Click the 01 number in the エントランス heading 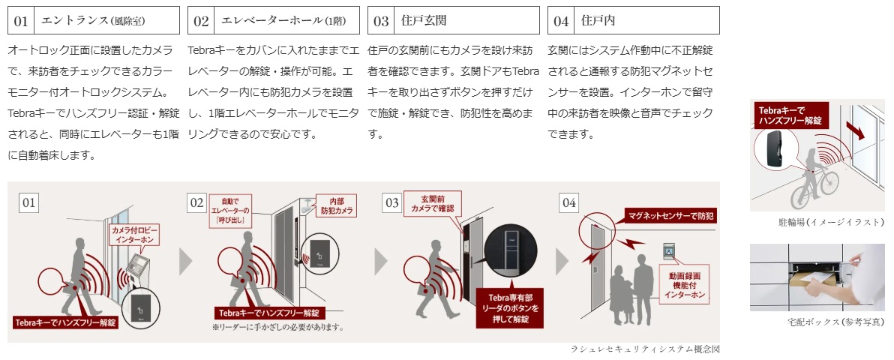(x=21, y=21)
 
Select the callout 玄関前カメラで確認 (x=432, y=203)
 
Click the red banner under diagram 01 (x=65, y=322)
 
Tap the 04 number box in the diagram (x=569, y=202)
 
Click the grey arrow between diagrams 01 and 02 (x=185, y=261)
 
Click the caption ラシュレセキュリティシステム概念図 (x=644, y=349)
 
